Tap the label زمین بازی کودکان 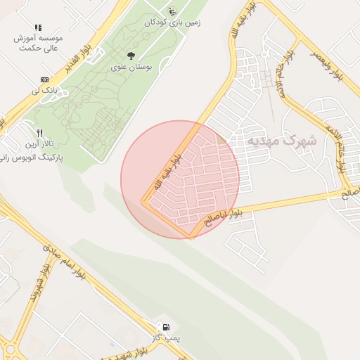coord(172,22)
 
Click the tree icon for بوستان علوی coord(131,55)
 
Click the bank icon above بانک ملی coord(44,79)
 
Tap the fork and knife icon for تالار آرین coord(40,132)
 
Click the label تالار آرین coord(41,145)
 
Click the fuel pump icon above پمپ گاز coord(165,327)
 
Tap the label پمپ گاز coord(169,339)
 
